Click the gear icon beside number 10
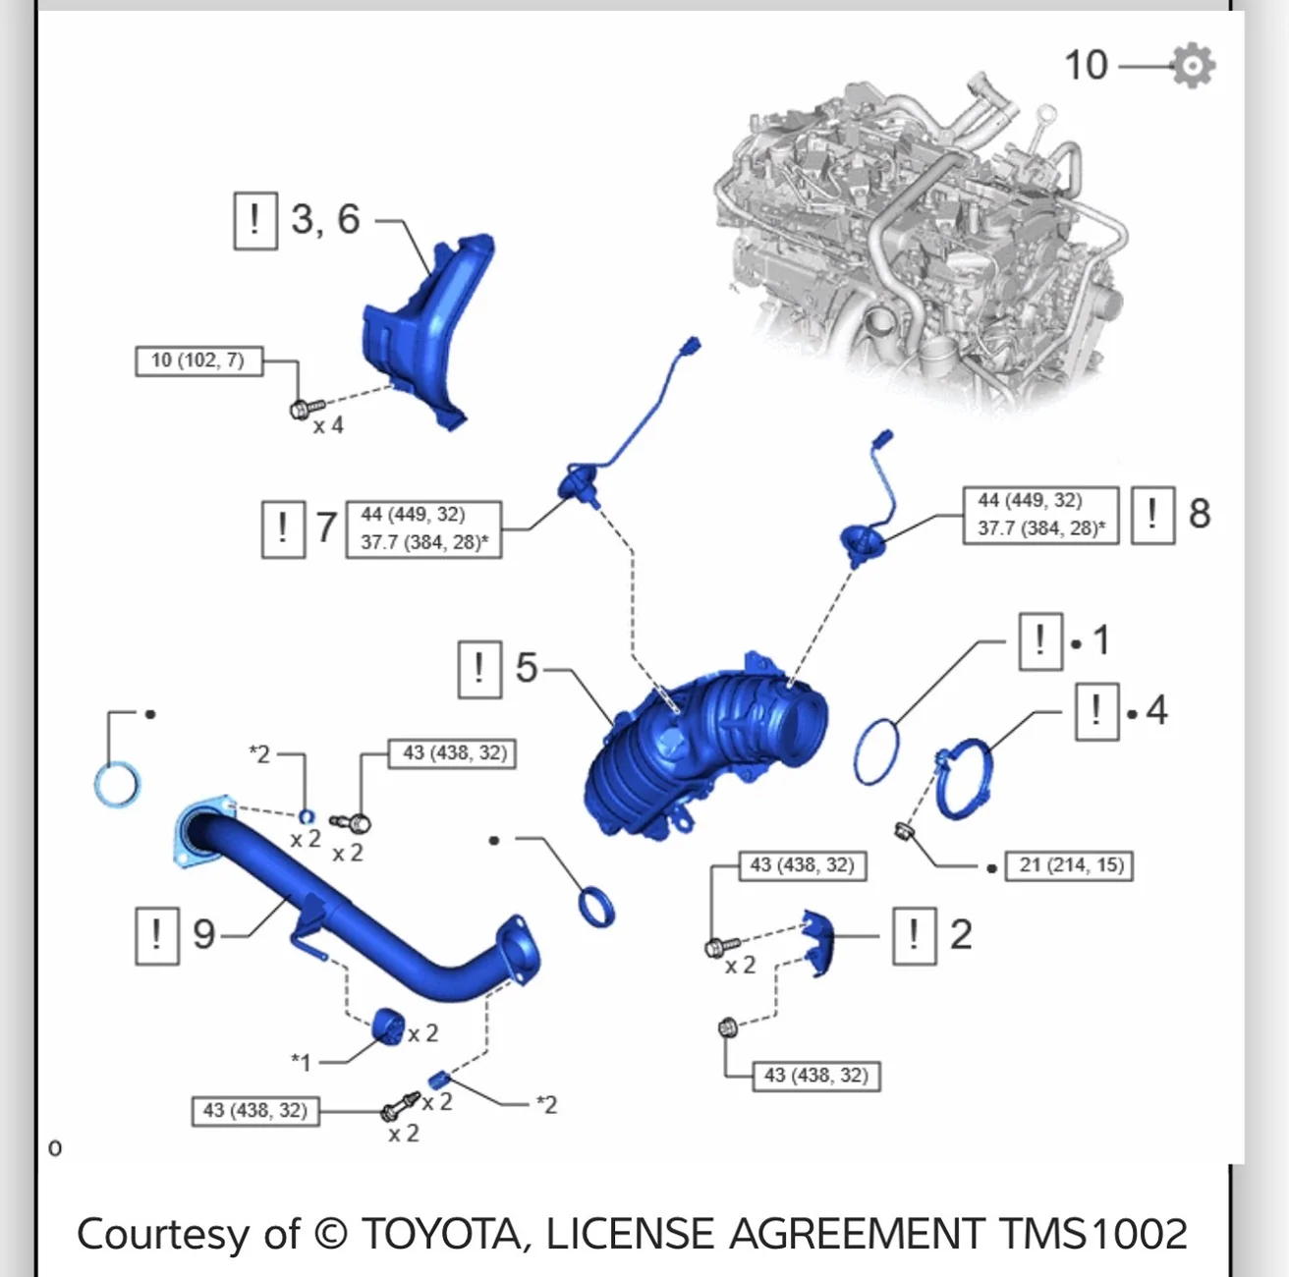[1194, 66]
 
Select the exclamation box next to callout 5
[479, 669]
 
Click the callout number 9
[204, 934]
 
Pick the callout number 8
[1200, 514]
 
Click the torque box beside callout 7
[424, 528]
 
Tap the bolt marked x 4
[306, 408]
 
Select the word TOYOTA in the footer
[441, 1234]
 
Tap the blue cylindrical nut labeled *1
[388, 1026]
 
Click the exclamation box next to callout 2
[915, 936]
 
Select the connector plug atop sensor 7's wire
[690, 347]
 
